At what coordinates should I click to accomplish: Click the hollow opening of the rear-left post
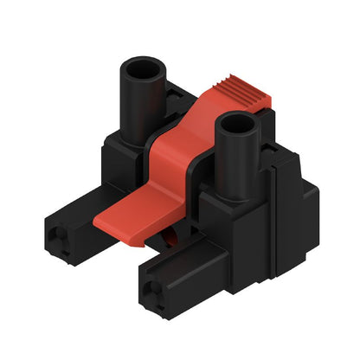tap(142, 68)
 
